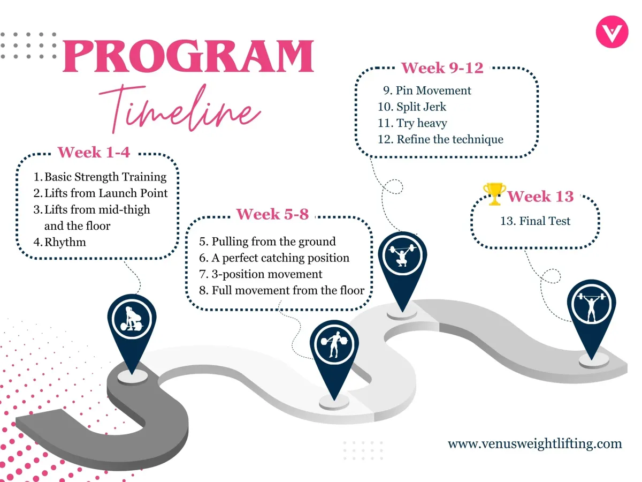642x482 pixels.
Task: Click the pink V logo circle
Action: (x=612, y=32)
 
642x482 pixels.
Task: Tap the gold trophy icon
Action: (x=494, y=194)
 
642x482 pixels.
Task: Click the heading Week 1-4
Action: (x=94, y=152)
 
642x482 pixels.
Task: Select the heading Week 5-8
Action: (x=272, y=214)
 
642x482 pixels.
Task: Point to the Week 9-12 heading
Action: (x=442, y=68)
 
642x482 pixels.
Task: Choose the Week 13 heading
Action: (x=540, y=196)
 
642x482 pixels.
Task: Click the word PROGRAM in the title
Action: (x=189, y=56)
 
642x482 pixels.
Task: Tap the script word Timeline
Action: (x=179, y=109)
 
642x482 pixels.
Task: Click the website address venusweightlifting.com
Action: (x=534, y=443)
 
